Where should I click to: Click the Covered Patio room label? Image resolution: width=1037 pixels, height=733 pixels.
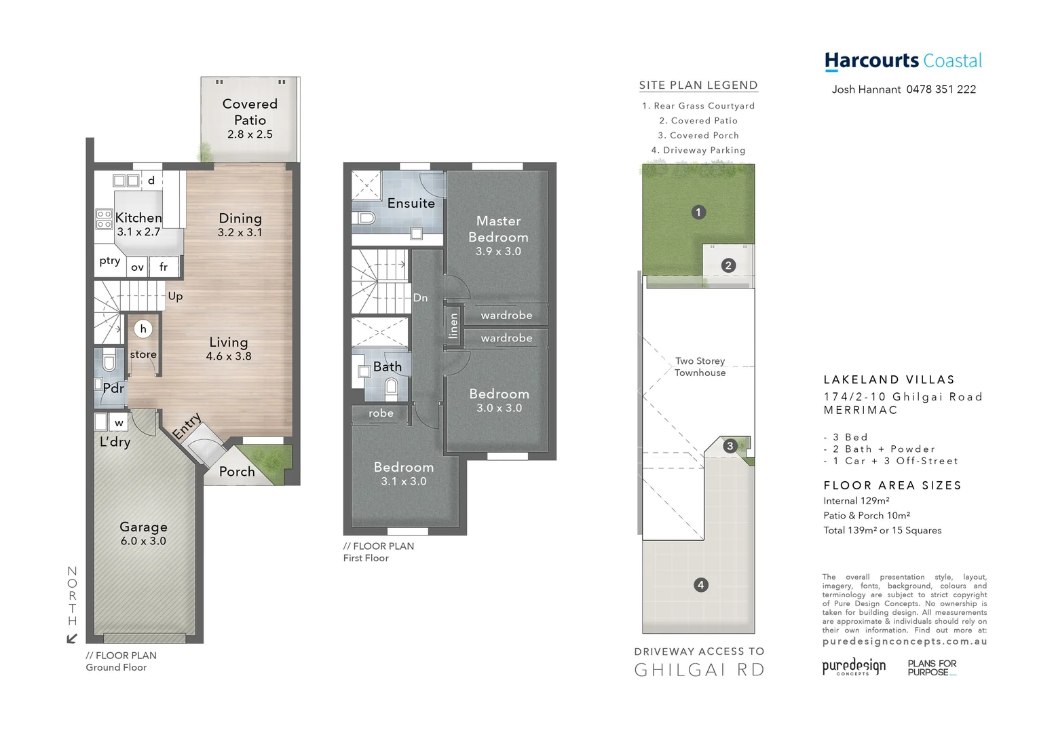tap(250, 112)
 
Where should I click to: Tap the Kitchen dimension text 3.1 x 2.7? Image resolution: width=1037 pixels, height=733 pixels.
tap(138, 232)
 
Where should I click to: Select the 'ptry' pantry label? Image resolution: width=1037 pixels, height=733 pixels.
tap(110, 261)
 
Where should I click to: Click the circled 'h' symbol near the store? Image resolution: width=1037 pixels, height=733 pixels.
tap(143, 329)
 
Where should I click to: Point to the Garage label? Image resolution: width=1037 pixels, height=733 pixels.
tap(143, 527)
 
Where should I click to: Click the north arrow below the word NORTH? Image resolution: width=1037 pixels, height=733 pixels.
tap(72, 638)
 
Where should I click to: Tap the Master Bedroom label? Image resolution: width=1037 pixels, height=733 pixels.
tap(498, 229)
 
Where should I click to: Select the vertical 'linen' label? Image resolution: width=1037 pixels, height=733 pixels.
tap(453, 326)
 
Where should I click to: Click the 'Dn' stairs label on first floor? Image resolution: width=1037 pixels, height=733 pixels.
tap(420, 298)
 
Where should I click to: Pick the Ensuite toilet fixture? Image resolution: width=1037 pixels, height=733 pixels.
tap(365, 218)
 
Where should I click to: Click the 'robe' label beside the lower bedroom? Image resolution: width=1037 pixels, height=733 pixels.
tap(381, 413)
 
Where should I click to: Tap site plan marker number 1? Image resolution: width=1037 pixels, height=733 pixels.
tap(698, 212)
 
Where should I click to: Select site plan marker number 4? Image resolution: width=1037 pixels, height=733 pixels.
tap(701, 584)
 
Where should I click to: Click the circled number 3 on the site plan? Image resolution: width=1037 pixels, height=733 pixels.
tap(730, 446)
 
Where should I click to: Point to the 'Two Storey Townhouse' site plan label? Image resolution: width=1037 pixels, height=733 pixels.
tap(700, 366)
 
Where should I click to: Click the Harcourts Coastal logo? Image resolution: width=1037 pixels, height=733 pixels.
tap(903, 61)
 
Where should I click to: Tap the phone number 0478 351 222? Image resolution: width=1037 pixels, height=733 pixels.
tap(941, 90)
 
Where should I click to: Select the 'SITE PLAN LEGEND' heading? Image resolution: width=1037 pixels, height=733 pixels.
tap(698, 86)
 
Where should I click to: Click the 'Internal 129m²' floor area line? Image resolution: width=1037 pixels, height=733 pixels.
tap(856, 501)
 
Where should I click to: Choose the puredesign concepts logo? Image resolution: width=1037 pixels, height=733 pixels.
tap(854, 667)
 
